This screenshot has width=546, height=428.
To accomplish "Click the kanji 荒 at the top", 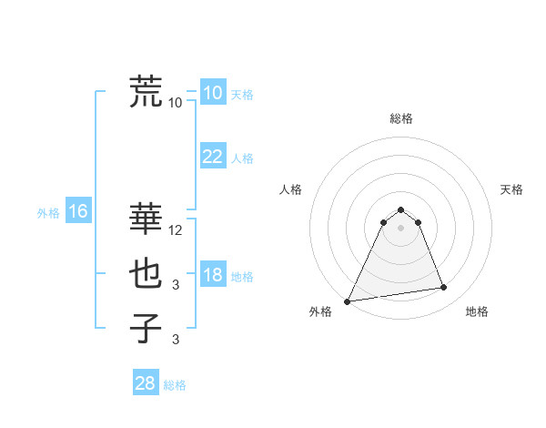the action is tap(147, 91).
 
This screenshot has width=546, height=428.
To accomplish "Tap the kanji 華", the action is tap(147, 219).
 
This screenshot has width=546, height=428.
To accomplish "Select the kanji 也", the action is tap(147, 273).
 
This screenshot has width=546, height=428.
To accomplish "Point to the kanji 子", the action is tap(147, 328).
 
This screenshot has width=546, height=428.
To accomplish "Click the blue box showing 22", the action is tap(212, 157).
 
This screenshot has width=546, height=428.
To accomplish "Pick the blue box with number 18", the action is tap(212, 275).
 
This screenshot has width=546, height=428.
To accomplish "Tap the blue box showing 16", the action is tap(77, 212).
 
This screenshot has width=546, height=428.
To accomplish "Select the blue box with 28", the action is tap(146, 383).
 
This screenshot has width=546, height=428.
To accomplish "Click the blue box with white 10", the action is tap(212, 93).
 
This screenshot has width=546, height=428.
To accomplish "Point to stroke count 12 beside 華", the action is tap(177, 230).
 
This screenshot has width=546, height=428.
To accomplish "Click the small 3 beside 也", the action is tap(176, 285).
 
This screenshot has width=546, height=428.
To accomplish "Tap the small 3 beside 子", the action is tap(176, 340).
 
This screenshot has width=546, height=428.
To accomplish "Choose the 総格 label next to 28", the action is tap(175, 385).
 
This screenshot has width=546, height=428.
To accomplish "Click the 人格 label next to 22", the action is tap(242, 158).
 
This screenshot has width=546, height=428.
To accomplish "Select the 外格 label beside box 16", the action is tap(48, 213).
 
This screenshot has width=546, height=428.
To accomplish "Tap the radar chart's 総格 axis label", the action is tap(400, 118).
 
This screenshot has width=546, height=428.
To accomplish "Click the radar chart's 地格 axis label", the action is tap(477, 311).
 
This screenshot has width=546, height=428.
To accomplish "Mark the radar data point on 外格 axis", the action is tap(348, 301).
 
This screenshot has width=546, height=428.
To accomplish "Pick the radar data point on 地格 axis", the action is tap(444, 288).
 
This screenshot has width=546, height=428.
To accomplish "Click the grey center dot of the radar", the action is tap(400, 227).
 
